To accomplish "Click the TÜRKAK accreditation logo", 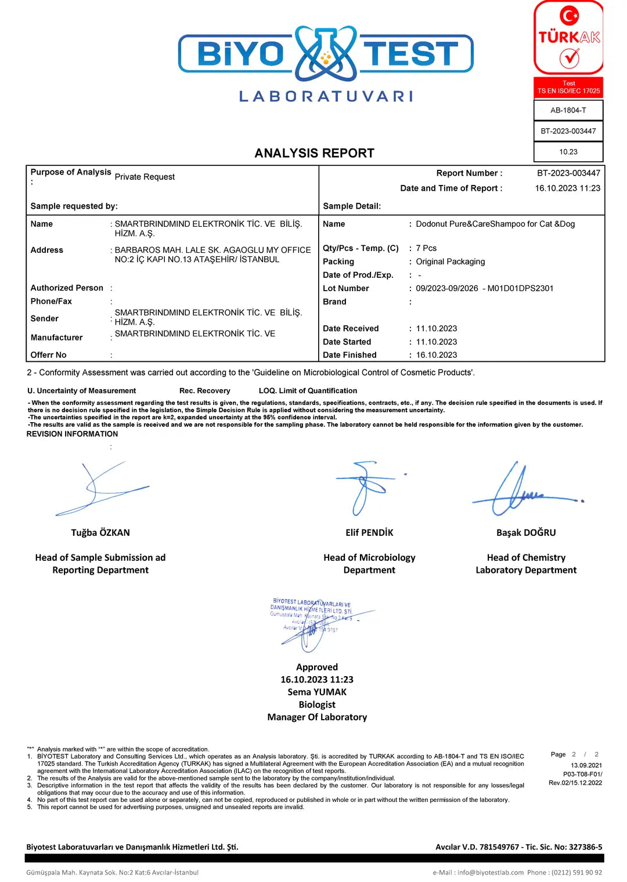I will click(x=568, y=38).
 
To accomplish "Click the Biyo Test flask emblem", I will click(x=326, y=53).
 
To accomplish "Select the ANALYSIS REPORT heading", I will click(x=314, y=153).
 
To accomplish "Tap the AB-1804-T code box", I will click(x=568, y=110).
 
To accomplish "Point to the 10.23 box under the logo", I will click(x=568, y=152).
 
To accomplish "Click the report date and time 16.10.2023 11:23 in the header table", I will click(x=567, y=188).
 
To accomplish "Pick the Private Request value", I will click(x=145, y=177).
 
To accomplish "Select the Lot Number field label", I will click(x=345, y=288).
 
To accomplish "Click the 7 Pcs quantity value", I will click(x=426, y=248).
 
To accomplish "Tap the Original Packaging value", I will click(x=450, y=262).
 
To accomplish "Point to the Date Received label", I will click(x=351, y=328).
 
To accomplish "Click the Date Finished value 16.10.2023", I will click(x=436, y=355).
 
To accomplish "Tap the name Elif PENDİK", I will click(x=369, y=532).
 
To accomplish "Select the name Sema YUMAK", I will click(x=317, y=692).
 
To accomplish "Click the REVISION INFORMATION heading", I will click(x=72, y=434).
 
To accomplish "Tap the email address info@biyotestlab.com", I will click(x=490, y=872).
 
